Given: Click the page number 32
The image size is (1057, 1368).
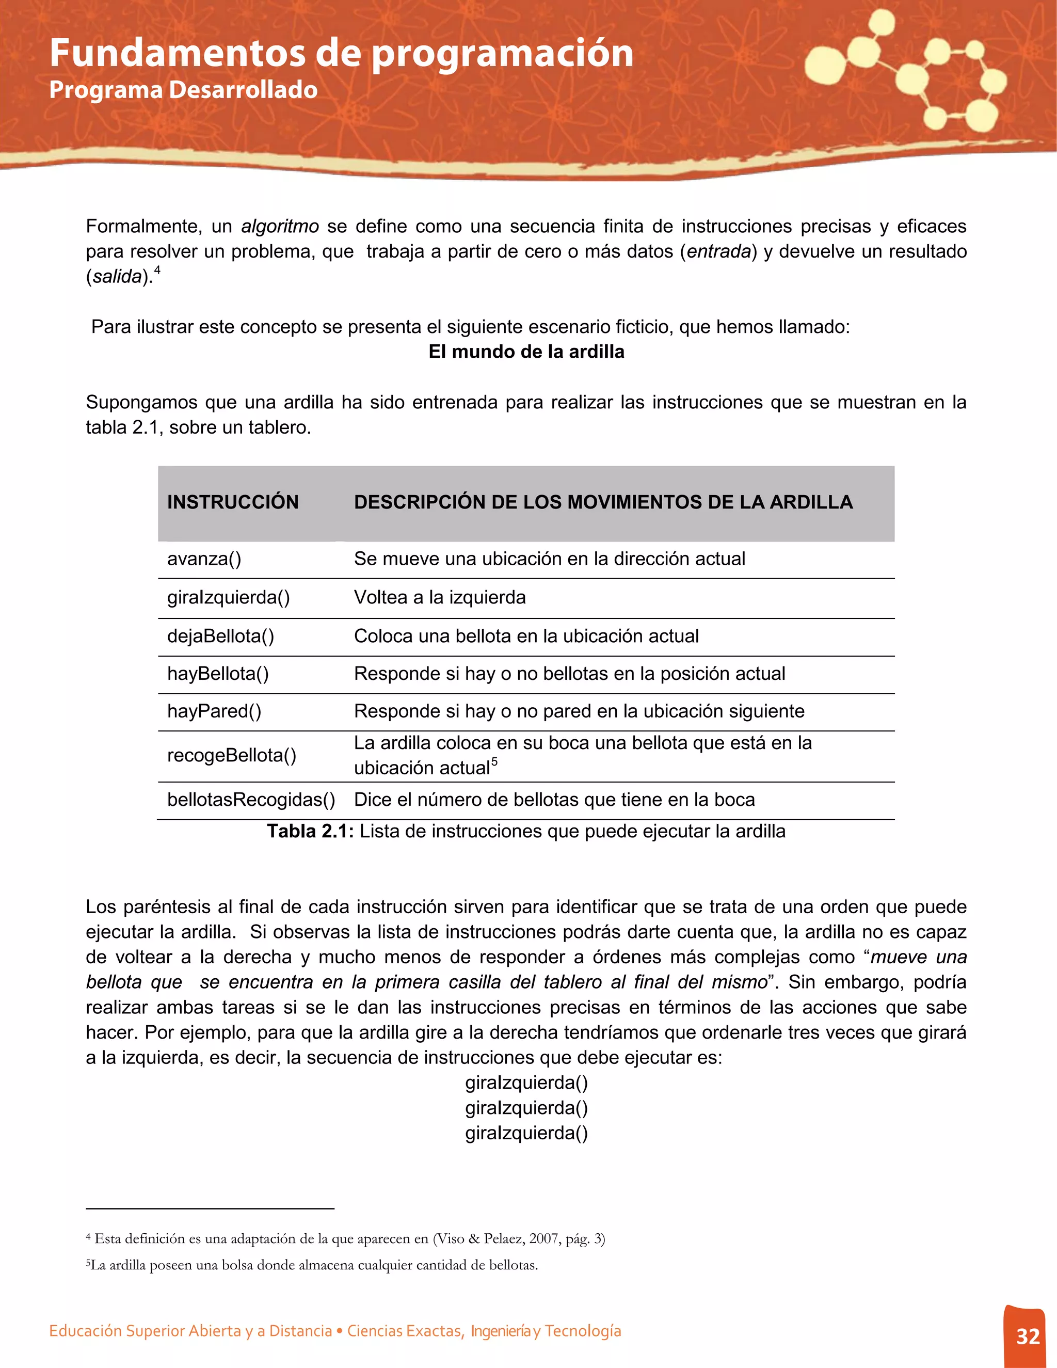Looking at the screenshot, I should pyautogui.click(x=1028, y=1336).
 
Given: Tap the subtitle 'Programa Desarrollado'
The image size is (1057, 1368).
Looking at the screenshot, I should pyautogui.click(x=183, y=90).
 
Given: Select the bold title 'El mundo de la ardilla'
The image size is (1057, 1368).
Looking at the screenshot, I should pyautogui.click(x=526, y=352).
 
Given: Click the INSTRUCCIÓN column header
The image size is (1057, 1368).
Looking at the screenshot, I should pyautogui.click(x=233, y=502).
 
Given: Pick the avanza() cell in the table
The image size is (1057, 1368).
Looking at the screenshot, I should pyautogui.click(x=204, y=559).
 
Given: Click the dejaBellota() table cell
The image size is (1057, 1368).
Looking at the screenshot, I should pyautogui.click(x=220, y=637).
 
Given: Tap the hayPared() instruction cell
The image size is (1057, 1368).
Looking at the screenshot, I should pyautogui.click(x=214, y=711).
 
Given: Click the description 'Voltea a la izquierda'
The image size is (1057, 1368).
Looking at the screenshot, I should pyautogui.click(x=440, y=598).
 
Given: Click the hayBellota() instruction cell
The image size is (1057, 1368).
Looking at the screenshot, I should pyautogui.click(x=218, y=674).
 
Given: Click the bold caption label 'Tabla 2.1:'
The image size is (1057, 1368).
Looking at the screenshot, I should pyautogui.click(x=311, y=831).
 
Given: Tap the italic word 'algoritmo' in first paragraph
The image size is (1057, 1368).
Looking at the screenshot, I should pyautogui.click(x=280, y=226).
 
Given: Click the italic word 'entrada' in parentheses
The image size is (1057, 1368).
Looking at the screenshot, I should pyautogui.click(x=719, y=252).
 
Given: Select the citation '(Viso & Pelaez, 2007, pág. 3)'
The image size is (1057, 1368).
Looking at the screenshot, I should pyautogui.click(x=519, y=1239).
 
